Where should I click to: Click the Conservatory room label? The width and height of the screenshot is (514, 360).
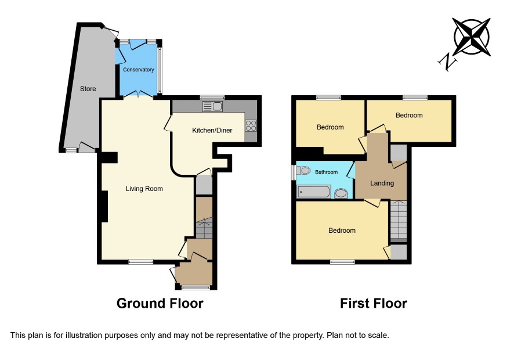(138, 70)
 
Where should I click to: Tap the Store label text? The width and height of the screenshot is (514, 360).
(88, 89)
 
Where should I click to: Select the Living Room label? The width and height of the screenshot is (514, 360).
(144, 189)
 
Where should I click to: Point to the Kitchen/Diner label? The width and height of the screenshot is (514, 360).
(212, 130)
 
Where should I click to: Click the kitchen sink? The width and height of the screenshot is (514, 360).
(212, 106)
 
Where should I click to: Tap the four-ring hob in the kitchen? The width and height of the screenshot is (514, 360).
(251, 125)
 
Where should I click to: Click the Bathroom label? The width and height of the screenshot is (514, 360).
(326, 172)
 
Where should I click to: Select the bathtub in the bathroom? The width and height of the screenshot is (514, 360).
(314, 192)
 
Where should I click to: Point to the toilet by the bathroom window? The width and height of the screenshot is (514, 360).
(303, 171)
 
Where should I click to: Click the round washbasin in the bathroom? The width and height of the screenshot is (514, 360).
(341, 193)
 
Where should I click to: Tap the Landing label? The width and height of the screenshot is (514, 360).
(382, 183)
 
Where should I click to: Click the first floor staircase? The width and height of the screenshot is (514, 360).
(399, 221)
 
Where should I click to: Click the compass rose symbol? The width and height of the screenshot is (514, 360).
(472, 37)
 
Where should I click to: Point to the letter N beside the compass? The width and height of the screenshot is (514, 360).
(448, 62)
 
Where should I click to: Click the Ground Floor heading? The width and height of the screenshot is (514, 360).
(160, 303)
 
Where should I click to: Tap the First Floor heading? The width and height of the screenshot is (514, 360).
(374, 303)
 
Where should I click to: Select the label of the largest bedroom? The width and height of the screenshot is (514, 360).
(342, 231)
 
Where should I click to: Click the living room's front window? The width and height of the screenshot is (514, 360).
(140, 261)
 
